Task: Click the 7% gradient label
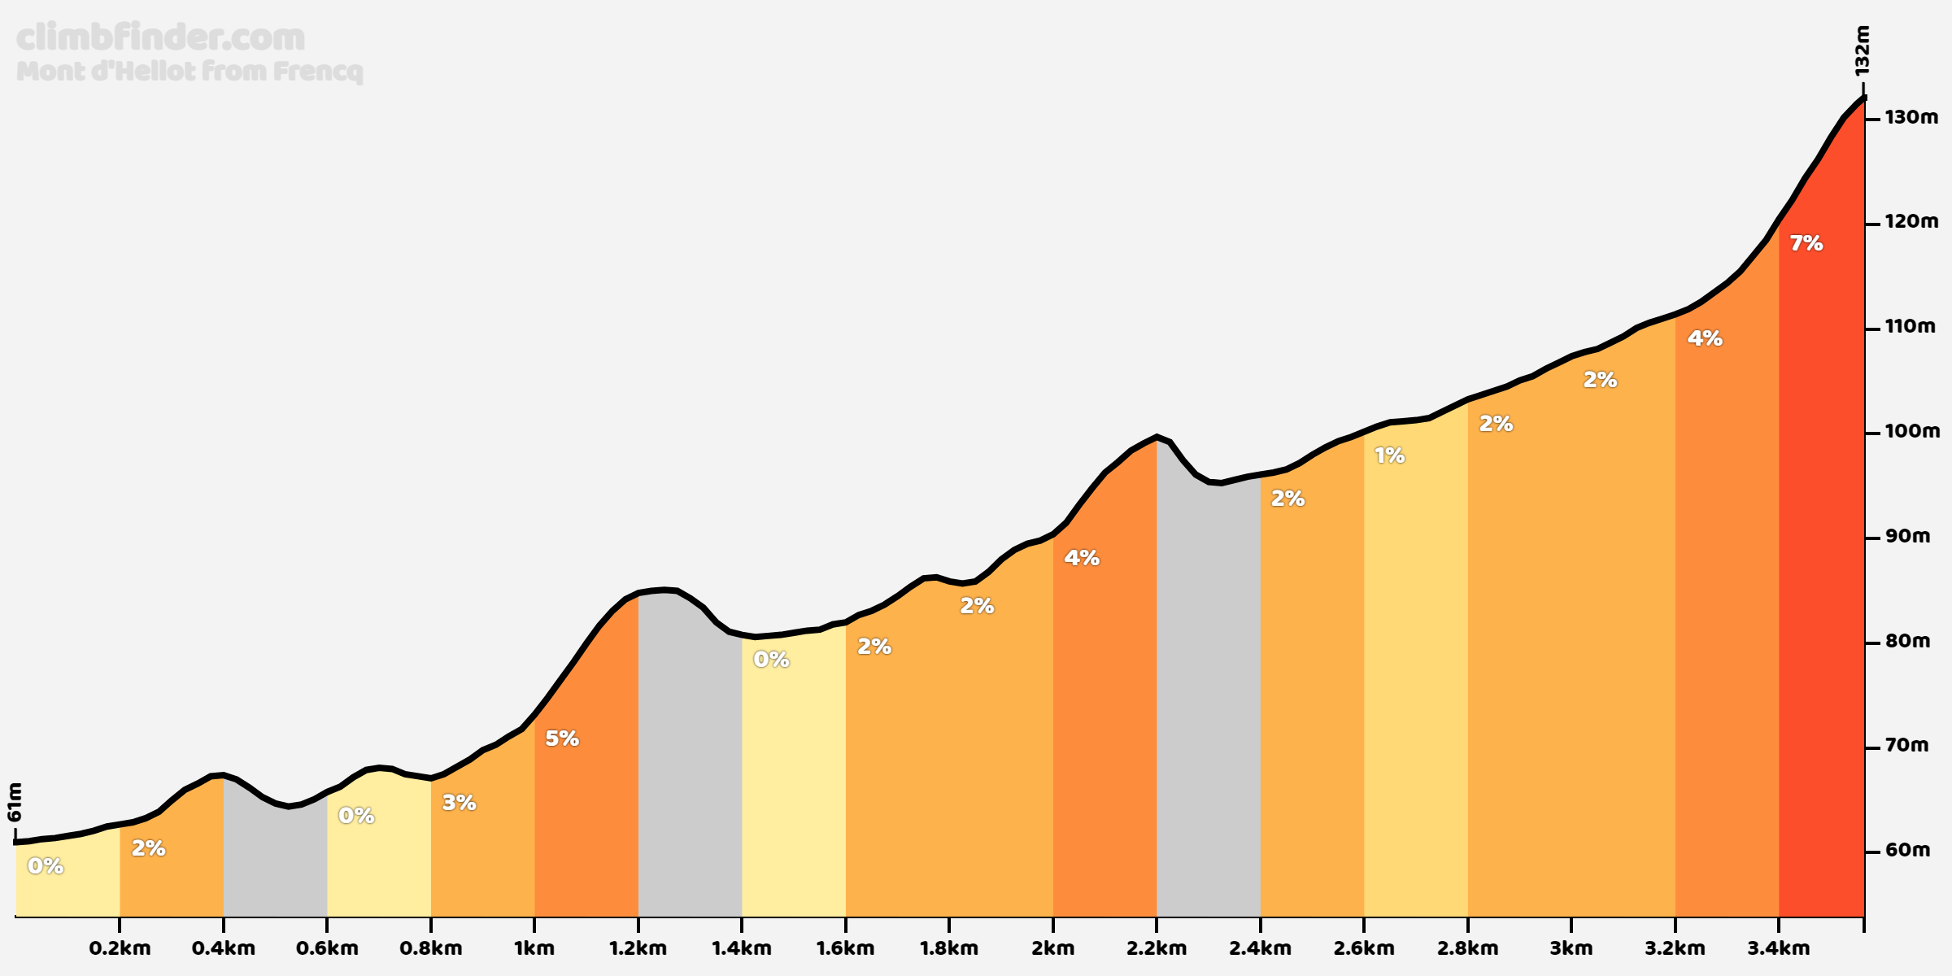(x=1806, y=243)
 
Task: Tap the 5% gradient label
(x=561, y=739)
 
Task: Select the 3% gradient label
(x=459, y=803)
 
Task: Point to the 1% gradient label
(x=1389, y=456)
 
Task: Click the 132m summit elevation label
(x=1862, y=50)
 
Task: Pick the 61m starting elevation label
(x=15, y=802)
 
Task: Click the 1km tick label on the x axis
(x=534, y=948)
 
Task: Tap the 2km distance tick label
(x=1052, y=948)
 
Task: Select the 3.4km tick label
(x=1778, y=948)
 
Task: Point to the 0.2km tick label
(x=120, y=948)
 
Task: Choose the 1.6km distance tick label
(x=845, y=948)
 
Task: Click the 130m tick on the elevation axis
(x=1911, y=118)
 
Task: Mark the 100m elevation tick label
(x=1911, y=432)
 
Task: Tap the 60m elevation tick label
(x=1907, y=851)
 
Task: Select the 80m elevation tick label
(x=1907, y=642)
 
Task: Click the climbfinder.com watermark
(x=160, y=38)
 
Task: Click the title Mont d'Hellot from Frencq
(x=189, y=72)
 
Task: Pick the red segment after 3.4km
(x=1822, y=569)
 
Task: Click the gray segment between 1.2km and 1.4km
(x=690, y=773)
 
